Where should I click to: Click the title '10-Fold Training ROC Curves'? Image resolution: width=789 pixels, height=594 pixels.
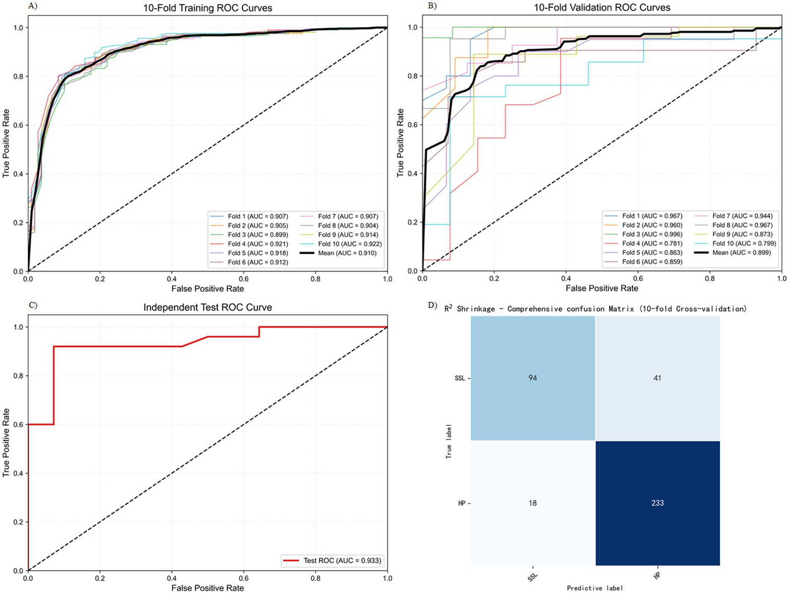click(x=208, y=8)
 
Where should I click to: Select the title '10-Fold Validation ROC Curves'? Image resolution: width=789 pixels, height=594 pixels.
click(x=602, y=8)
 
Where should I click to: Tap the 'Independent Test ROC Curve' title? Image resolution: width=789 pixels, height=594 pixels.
click(x=208, y=308)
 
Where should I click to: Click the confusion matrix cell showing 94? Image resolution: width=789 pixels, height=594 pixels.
click(x=533, y=378)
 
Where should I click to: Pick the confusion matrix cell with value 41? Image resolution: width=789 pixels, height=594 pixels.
click(x=657, y=378)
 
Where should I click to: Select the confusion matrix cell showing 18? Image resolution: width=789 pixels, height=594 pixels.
click(x=533, y=503)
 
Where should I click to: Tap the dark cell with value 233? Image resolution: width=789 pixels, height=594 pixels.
click(x=657, y=503)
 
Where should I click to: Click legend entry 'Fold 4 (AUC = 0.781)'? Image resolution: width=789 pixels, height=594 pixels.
click(x=652, y=243)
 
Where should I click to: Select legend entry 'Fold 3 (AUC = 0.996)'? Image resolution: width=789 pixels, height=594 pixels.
click(x=652, y=234)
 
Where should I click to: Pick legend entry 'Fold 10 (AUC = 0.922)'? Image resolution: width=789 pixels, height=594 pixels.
click(x=350, y=244)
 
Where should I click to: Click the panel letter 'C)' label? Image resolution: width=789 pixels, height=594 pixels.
click(x=33, y=305)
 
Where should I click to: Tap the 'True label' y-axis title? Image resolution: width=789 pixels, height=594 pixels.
click(x=449, y=441)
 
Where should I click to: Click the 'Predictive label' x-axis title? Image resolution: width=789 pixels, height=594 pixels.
click(x=595, y=588)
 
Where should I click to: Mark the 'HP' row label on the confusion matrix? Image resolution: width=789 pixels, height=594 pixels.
click(x=462, y=503)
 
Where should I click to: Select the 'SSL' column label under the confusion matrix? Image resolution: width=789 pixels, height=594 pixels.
click(x=533, y=577)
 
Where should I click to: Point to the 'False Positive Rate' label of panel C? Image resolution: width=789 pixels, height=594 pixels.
click(x=208, y=588)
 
